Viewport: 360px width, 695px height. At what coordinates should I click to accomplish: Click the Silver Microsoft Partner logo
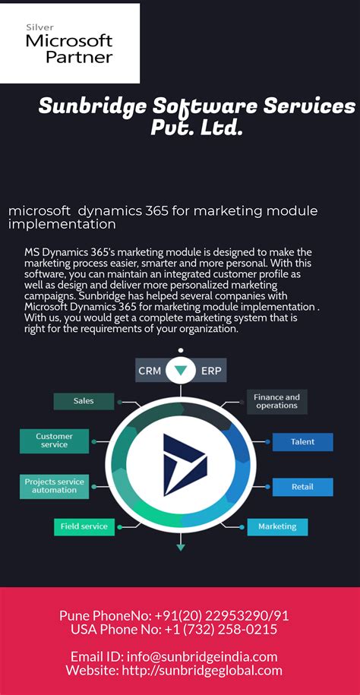69,43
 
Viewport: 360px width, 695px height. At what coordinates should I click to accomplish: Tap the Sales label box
84,401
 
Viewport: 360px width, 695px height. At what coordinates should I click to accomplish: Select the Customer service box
54,441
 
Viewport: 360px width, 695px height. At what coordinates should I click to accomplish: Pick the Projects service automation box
54,486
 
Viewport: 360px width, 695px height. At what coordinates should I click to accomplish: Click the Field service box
84,526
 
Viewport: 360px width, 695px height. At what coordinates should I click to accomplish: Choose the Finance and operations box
276,401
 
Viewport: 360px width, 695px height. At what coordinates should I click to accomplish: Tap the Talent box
302,441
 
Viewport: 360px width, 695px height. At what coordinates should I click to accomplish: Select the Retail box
302,487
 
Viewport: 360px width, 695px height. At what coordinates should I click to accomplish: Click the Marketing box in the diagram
276,526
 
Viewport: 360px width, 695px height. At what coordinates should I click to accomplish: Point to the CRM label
150,371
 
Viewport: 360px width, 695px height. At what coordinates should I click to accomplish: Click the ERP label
211,371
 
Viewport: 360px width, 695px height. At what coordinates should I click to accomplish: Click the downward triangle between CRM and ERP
181,371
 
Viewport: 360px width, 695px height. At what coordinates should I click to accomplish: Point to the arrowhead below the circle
181,545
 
